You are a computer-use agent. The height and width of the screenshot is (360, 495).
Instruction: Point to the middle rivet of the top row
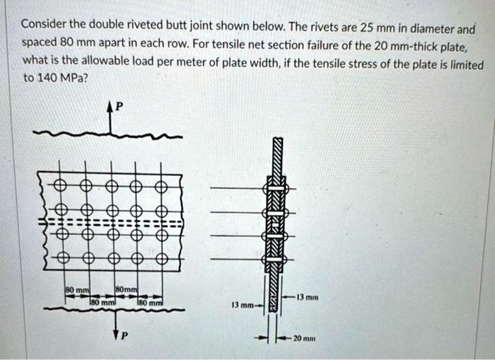[x=112, y=187]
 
